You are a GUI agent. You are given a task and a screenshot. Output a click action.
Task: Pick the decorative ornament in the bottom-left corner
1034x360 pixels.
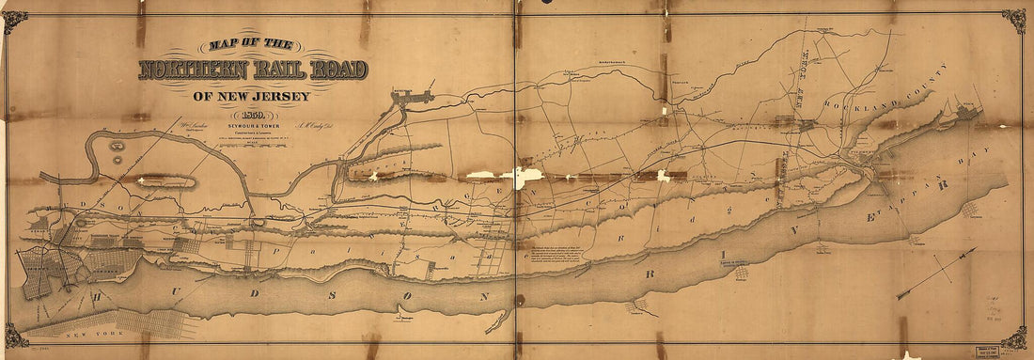coord(15,336)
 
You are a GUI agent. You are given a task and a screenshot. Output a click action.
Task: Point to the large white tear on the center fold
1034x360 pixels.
coord(523,175)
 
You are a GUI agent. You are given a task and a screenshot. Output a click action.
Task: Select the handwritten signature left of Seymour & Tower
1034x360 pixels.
coord(180,123)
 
